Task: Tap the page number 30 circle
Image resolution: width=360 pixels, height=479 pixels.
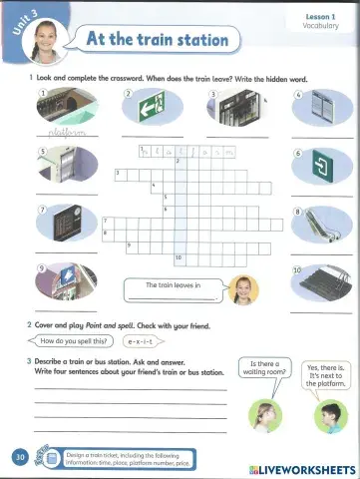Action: coord(20,457)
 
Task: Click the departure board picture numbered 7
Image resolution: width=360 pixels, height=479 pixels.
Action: coord(66,224)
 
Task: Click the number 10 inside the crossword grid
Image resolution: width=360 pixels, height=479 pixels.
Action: coord(178,257)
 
